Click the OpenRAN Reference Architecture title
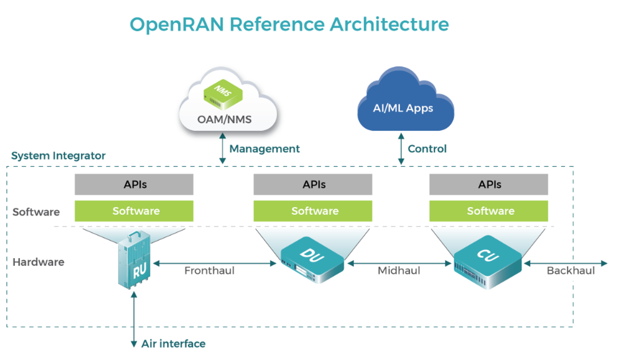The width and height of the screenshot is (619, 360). pos(289,24)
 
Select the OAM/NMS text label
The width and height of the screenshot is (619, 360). pos(224,119)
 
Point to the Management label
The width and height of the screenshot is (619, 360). pos(265,149)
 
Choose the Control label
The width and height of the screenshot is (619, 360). pos(427,149)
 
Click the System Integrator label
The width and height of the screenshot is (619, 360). pos(58,156)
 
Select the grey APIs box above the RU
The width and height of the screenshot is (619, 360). pos(134,184)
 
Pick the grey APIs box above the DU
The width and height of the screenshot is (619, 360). pos(313,184)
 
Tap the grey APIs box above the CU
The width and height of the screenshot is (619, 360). pos(489,184)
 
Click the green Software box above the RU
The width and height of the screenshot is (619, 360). pos(134,211)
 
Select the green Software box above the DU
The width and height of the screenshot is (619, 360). pos(313,211)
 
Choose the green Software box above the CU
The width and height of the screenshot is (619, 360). pos(489,211)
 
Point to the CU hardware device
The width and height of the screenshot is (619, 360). pos(487,261)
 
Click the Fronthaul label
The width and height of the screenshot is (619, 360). pos(209,270)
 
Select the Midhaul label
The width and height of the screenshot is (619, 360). pos(398,270)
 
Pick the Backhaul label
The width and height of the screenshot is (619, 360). pos(571,270)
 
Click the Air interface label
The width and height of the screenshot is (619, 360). pos(173,344)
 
